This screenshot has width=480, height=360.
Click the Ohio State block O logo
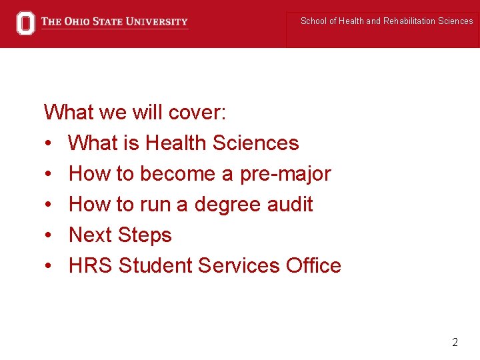(x=25, y=23)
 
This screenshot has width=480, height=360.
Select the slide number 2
(x=455, y=343)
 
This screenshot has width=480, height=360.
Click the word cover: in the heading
(x=197, y=112)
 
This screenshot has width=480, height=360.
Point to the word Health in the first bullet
(x=176, y=143)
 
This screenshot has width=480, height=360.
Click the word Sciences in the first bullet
(x=256, y=143)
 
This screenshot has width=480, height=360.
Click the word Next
(x=91, y=235)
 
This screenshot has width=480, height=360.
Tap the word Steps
(x=145, y=235)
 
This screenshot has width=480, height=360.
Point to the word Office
(x=313, y=265)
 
